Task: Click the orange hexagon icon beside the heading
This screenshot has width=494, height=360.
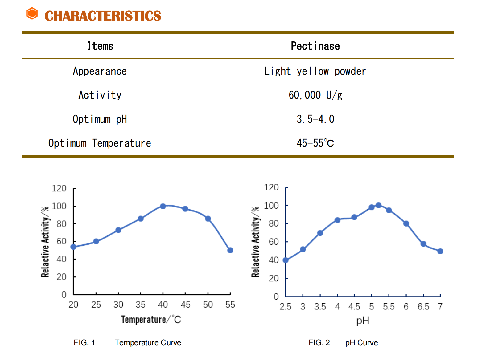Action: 32,14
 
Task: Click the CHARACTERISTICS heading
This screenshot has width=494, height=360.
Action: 103,16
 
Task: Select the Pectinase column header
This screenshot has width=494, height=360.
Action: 315,46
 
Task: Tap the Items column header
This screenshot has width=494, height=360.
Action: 100,46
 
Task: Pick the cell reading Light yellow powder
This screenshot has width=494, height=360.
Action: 315,72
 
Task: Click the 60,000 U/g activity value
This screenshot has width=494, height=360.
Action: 315,95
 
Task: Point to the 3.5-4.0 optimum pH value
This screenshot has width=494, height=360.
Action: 315,119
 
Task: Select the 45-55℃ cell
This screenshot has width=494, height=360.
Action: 315,143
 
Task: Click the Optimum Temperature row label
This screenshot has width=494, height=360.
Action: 100,143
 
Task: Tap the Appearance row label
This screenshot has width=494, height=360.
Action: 100,72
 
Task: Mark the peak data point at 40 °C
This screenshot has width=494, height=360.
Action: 163,206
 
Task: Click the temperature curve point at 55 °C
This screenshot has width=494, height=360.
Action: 230,250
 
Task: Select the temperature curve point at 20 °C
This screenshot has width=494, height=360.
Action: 73,247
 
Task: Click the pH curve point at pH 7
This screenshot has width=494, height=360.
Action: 440,251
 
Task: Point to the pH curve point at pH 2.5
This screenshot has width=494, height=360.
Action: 286,260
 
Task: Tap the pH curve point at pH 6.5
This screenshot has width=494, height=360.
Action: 423,244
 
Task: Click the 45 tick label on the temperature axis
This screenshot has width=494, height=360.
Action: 185,305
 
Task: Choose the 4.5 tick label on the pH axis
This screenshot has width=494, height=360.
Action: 354,307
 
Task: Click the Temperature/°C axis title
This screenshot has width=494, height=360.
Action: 151,320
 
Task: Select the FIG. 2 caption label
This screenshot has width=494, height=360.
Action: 319,343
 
